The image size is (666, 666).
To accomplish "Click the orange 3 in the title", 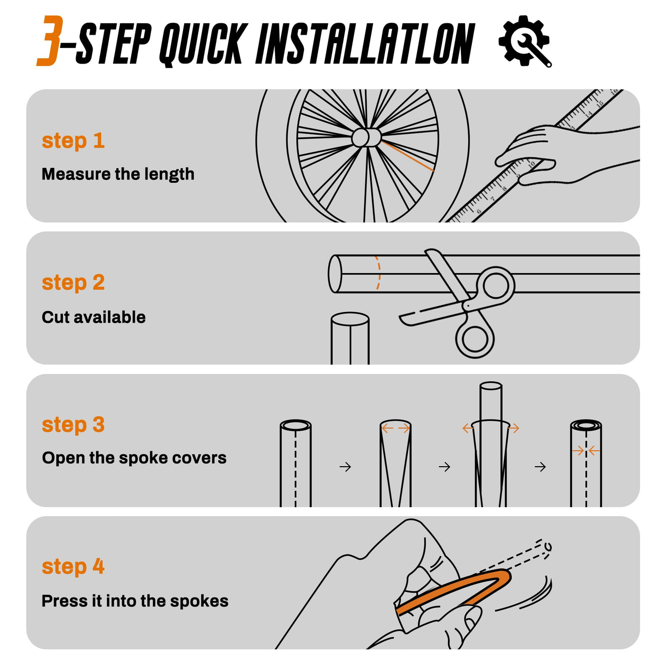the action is pos(50,40).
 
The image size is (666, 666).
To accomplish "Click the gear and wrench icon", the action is pos(525,41).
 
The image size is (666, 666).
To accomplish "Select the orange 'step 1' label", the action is pos(73,141).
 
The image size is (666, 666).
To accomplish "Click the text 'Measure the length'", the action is pos(118,174).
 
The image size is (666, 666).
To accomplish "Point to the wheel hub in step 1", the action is pos(366,137).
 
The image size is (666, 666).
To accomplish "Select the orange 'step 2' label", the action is pos(73,283).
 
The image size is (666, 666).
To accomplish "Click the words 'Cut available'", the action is pos(94,317).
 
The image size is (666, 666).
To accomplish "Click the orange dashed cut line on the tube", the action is pos(379,273).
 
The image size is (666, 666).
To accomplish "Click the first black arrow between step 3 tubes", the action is pos(345,467).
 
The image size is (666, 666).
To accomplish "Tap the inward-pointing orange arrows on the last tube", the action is pos(586,451).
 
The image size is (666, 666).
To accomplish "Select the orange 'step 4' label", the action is pos(73,567).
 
